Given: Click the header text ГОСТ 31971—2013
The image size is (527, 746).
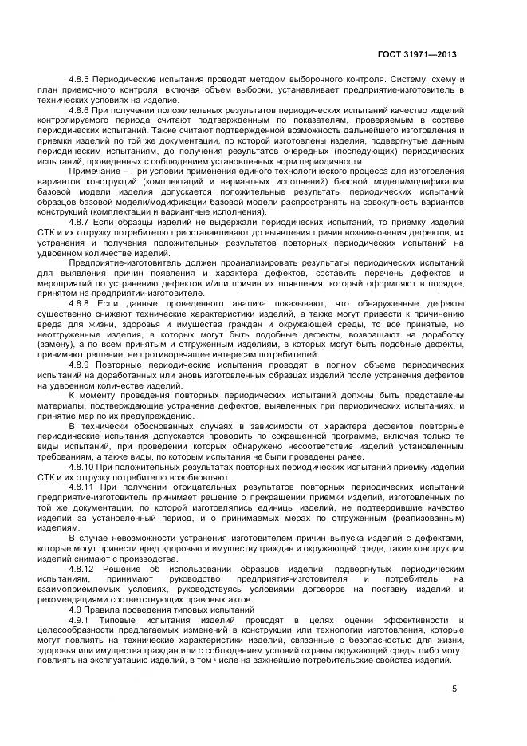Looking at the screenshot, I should click(x=419, y=55).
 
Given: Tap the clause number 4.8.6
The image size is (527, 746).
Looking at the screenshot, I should click(x=81, y=110).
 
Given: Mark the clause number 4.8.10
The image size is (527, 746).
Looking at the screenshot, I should click(x=84, y=466).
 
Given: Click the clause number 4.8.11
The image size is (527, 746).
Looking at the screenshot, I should click(x=84, y=485).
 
